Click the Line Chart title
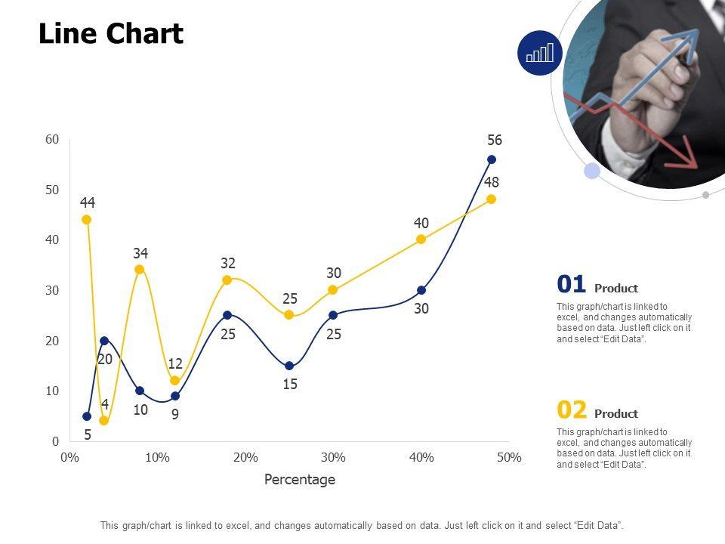click(111, 34)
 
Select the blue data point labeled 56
click(492, 159)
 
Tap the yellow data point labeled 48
click(492, 199)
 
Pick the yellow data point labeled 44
click(87, 220)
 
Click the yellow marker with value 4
click(104, 421)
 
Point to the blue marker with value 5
click(87, 416)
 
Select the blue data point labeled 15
click(289, 366)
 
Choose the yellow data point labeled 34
click(140, 270)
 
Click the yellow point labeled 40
click(421, 240)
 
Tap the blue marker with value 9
click(175, 396)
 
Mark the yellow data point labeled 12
click(175, 381)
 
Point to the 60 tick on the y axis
click(52, 139)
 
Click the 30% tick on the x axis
click(333, 457)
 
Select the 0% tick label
click(69, 457)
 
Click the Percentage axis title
click(300, 480)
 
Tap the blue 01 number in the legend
click(572, 285)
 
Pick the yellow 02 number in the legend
click(572, 410)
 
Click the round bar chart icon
click(540, 53)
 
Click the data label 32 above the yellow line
click(228, 263)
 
